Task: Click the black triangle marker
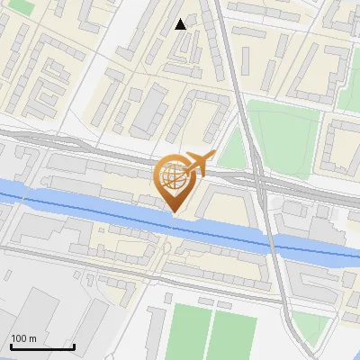181,24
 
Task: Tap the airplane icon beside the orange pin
196,164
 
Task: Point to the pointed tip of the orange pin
175,211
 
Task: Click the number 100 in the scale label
19,338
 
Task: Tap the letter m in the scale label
33,338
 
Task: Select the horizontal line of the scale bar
42,346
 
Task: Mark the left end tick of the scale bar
11,345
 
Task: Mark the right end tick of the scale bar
74,345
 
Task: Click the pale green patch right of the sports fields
306,333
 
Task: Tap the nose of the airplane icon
213,157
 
